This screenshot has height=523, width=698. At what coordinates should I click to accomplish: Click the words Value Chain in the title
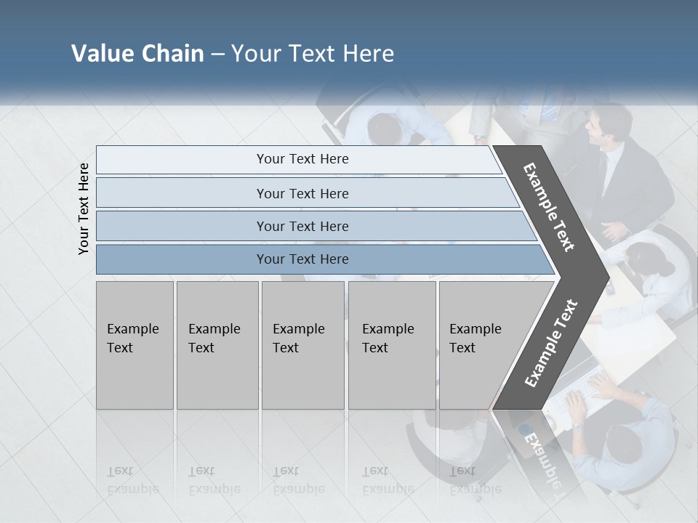click(137, 54)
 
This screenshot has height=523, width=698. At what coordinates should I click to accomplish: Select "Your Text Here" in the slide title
click(313, 54)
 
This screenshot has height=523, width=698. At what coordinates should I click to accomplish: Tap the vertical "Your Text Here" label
click(84, 208)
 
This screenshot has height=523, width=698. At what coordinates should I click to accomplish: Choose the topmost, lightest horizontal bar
click(302, 159)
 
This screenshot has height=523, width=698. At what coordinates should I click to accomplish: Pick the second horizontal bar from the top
click(302, 193)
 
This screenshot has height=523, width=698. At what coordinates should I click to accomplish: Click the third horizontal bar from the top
click(302, 226)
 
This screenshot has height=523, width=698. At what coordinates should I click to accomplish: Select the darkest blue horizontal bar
click(302, 259)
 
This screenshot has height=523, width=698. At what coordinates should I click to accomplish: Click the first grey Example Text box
click(135, 345)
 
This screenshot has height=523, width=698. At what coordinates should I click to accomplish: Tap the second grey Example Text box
click(217, 345)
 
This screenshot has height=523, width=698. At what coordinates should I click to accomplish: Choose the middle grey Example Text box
click(302, 345)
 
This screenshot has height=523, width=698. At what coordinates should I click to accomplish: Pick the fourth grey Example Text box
click(391, 345)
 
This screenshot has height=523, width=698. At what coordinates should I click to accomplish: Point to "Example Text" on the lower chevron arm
click(551, 343)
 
